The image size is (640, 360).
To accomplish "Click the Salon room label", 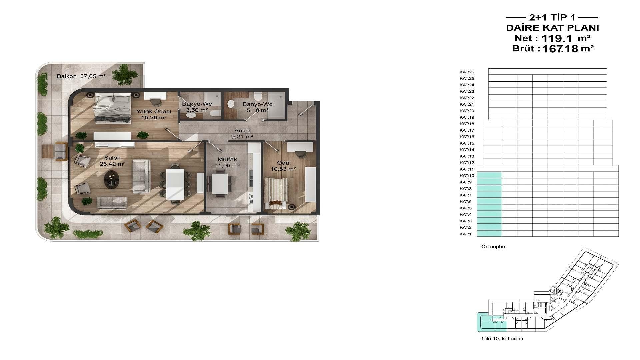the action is coord(112,158).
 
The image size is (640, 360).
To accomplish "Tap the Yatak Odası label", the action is coord(153,111).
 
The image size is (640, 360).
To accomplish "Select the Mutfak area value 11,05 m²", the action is coord(227,165).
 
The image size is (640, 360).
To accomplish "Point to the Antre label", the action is coord(242,130).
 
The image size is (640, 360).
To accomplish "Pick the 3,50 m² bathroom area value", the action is coord(197,110).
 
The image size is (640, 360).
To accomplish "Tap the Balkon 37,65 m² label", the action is coord(81,76).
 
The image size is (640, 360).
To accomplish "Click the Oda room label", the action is coord(283,163).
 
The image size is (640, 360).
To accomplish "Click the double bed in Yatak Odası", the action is coord(113,108).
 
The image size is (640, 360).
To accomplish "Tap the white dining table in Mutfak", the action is coord(220,184).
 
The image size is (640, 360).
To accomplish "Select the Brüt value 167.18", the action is coord(560,49).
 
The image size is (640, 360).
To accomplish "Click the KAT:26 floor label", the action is coord(467,72).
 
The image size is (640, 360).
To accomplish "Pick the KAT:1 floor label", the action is coord(466,234).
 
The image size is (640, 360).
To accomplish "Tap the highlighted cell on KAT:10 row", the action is coord(489,175).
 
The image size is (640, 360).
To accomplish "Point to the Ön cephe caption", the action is coord(493,247).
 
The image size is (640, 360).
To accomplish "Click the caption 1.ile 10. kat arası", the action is coord(502,339).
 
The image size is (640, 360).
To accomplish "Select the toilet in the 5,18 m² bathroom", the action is coord(258,97).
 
